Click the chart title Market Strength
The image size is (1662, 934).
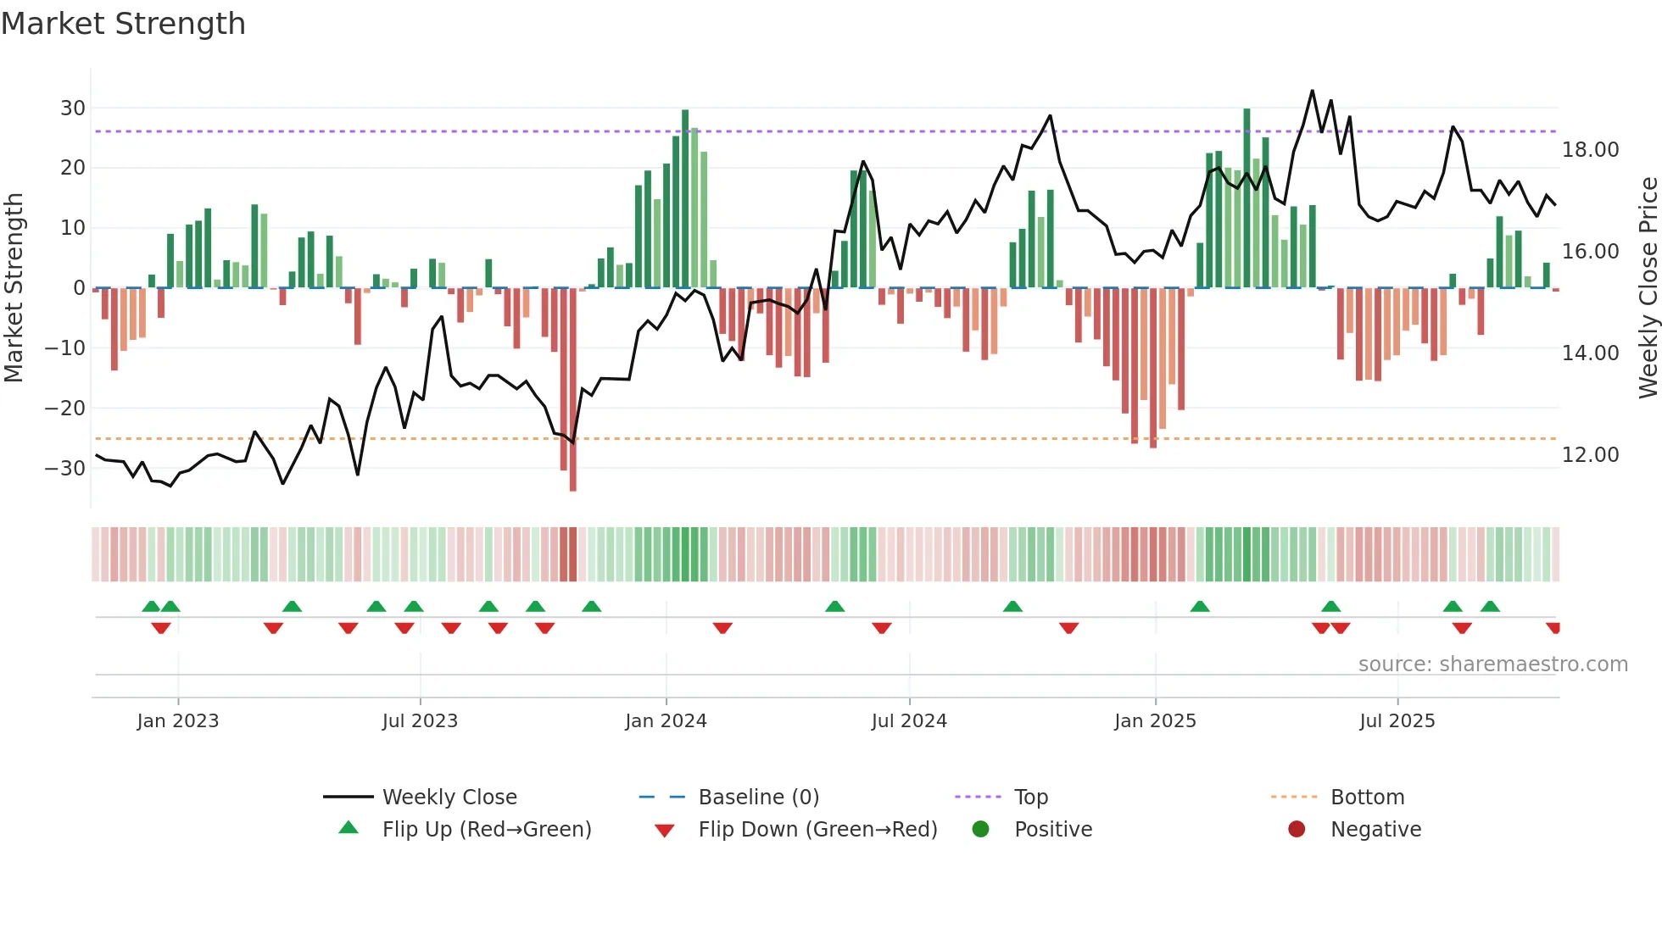click(123, 24)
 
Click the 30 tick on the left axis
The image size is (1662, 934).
click(73, 108)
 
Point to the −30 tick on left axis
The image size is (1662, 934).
click(65, 468)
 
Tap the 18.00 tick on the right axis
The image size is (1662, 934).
click(1590, 150)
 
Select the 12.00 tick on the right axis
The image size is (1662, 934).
click(1590, 455)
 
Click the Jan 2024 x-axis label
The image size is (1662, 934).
click(666, 721)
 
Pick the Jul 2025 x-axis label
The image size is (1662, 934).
click(1397, 721)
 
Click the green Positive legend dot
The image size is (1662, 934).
click(980, 830)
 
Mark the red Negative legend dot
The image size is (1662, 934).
click(1297, 830)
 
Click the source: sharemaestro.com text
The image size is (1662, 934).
click(1492, 664)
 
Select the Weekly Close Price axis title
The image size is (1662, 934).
click(1648, 288)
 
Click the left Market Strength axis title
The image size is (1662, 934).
click(14, 288)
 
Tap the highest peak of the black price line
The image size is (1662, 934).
click(1312, 91)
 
